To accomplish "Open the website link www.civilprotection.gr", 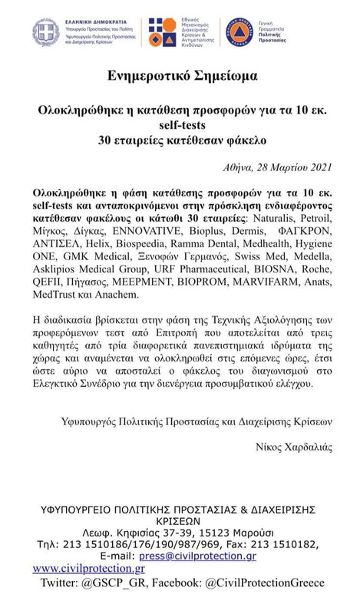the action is pyautogui.click(x=89, y=569).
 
